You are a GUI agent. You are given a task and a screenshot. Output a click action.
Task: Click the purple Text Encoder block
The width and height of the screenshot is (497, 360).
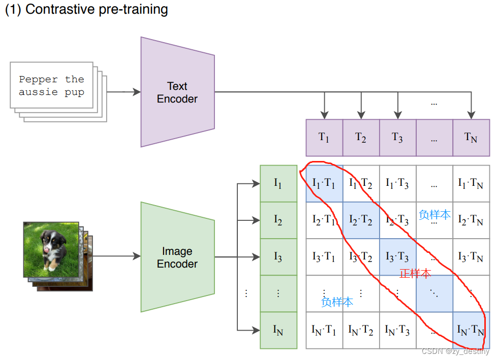point(177,92)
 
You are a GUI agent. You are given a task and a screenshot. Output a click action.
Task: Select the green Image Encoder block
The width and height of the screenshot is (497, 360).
point(177,257)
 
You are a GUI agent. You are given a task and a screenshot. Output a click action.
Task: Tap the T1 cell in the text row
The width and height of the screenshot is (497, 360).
point(324,137)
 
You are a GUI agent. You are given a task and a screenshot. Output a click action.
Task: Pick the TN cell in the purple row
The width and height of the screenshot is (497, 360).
point(471,137)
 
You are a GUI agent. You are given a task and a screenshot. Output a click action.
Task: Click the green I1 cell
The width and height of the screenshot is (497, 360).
point(278,183)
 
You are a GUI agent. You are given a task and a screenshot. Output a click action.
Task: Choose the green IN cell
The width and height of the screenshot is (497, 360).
point(278,330)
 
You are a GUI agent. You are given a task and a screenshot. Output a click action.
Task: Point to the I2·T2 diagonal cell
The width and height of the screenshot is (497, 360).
point(361,220)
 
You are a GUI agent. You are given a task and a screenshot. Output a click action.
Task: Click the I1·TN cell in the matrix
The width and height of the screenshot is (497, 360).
point(471,183)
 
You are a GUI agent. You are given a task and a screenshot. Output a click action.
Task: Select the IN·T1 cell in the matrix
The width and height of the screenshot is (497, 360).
point(324,330)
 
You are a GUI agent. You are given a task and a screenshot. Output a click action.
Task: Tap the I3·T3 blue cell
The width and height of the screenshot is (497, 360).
point(397,257)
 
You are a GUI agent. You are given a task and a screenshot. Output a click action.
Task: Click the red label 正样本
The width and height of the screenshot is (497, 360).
point(415,274)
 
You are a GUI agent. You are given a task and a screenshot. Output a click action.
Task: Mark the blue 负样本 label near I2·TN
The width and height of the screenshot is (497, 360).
point(434,214)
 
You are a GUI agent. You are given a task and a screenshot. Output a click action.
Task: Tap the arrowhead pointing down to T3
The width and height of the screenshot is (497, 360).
point(397,115)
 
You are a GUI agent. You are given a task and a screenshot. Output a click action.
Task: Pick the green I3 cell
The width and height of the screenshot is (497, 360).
point(278,257)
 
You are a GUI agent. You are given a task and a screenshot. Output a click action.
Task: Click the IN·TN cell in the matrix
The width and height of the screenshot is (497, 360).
point(471,330)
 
